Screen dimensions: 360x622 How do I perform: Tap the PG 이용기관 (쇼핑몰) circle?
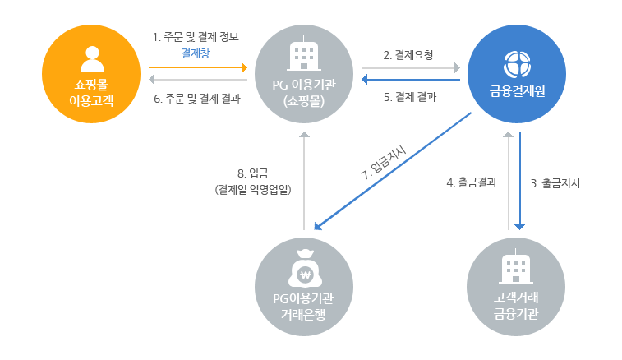[304, 76]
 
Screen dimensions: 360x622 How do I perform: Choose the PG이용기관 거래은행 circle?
[304, 285]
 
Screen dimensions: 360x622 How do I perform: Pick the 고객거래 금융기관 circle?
[516, 285]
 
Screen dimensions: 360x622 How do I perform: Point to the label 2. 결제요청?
[409, 55]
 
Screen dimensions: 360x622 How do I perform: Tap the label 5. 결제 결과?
[409, 96]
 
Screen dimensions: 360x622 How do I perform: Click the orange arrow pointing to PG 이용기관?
[197, 68]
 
